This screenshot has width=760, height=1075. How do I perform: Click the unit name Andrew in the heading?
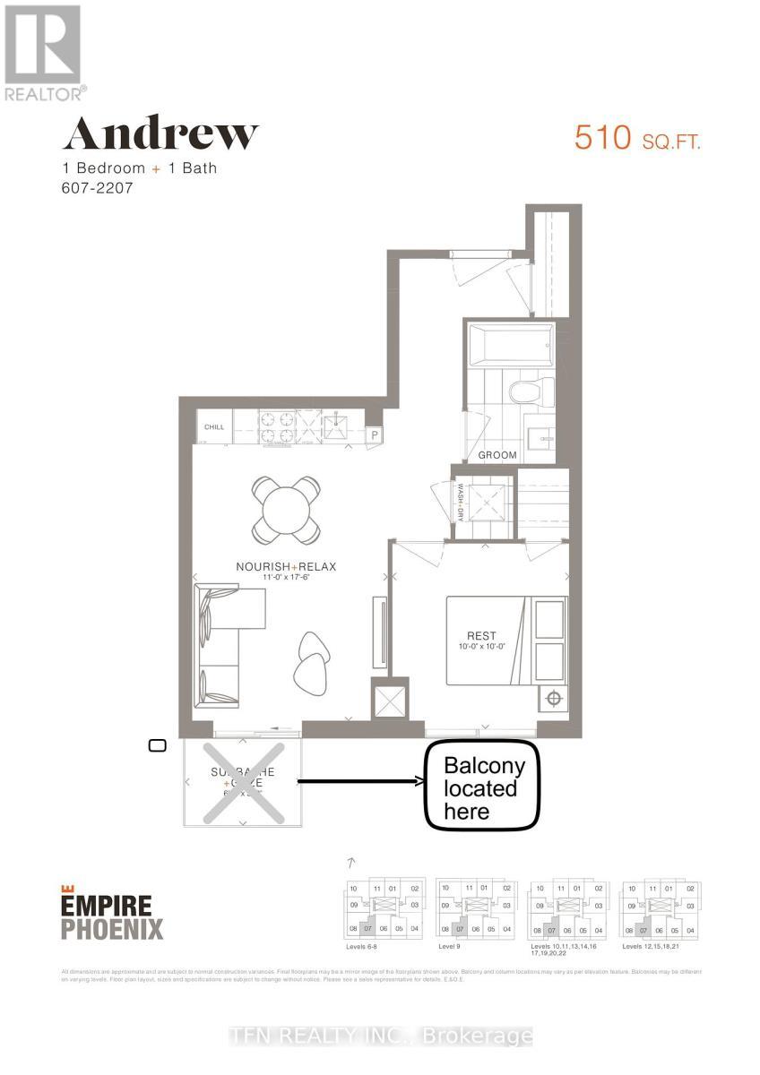pyautogui.click(x=160, y=134)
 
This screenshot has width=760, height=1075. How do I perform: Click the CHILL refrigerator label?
pyautogui.click(x=214, y=427)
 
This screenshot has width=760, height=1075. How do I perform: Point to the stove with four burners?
pyautogui.click(x=277, y=426)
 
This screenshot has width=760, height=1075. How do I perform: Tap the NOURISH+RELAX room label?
pyautogui.click(x=285, y=566)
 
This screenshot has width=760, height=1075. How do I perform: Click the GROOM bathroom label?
pyautogui.click(x=497, y=455)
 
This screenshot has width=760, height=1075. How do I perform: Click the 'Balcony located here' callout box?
pyautogui.click(x=481, y=786)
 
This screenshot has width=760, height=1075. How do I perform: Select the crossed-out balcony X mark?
pyautogui.click(x=242, y=782)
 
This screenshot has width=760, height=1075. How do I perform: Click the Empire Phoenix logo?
pyautogui.click(x=112, y=913)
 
